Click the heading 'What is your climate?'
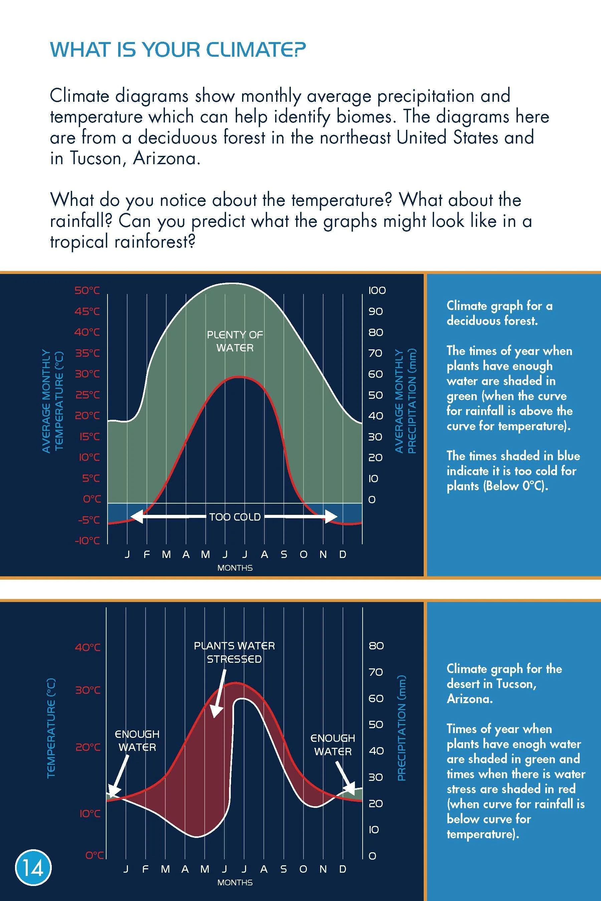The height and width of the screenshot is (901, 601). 178,50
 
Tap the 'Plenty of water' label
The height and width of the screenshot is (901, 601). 235,341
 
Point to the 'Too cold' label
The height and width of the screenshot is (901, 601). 235,517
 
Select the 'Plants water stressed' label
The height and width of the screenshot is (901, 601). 234,652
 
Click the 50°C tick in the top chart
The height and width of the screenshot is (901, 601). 87,290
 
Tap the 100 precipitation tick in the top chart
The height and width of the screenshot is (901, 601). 377,290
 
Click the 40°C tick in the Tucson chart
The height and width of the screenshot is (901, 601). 87,647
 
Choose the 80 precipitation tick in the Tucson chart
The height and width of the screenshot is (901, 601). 376,645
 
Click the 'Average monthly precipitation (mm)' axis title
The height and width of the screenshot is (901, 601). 405,401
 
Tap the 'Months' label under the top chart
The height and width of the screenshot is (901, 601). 235,568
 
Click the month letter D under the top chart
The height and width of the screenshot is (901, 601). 343,554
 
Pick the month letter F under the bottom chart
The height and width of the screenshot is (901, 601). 145,869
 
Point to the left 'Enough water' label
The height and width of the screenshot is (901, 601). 137,740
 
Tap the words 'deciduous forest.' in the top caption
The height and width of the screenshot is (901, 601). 492,320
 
